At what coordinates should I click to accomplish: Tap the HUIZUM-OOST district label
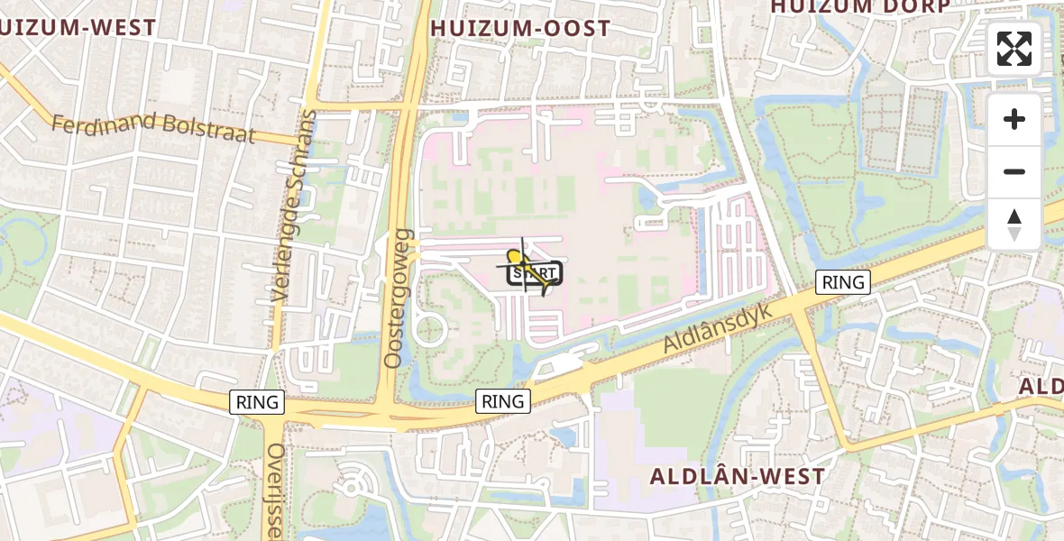click(520, 29)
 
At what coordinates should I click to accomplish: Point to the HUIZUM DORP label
click(859, 7)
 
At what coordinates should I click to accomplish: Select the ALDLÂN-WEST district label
click(738, 476)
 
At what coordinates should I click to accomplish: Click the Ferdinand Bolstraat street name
click(153, 129)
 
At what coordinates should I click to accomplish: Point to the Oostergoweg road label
click(397, 298)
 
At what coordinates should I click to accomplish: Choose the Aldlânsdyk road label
click(718, 326)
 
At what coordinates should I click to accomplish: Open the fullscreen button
click(1014, 49)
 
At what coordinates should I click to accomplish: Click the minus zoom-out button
click(1014, 171)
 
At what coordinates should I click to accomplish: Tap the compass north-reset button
click(1014, 225)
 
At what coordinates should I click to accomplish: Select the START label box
click(535, 273)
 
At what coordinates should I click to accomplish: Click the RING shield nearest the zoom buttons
click(843, 282)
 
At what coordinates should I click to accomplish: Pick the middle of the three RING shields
click(503, 401)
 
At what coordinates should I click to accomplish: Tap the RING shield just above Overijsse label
click(258, 402)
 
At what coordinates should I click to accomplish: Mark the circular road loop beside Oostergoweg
click(430, 328)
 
